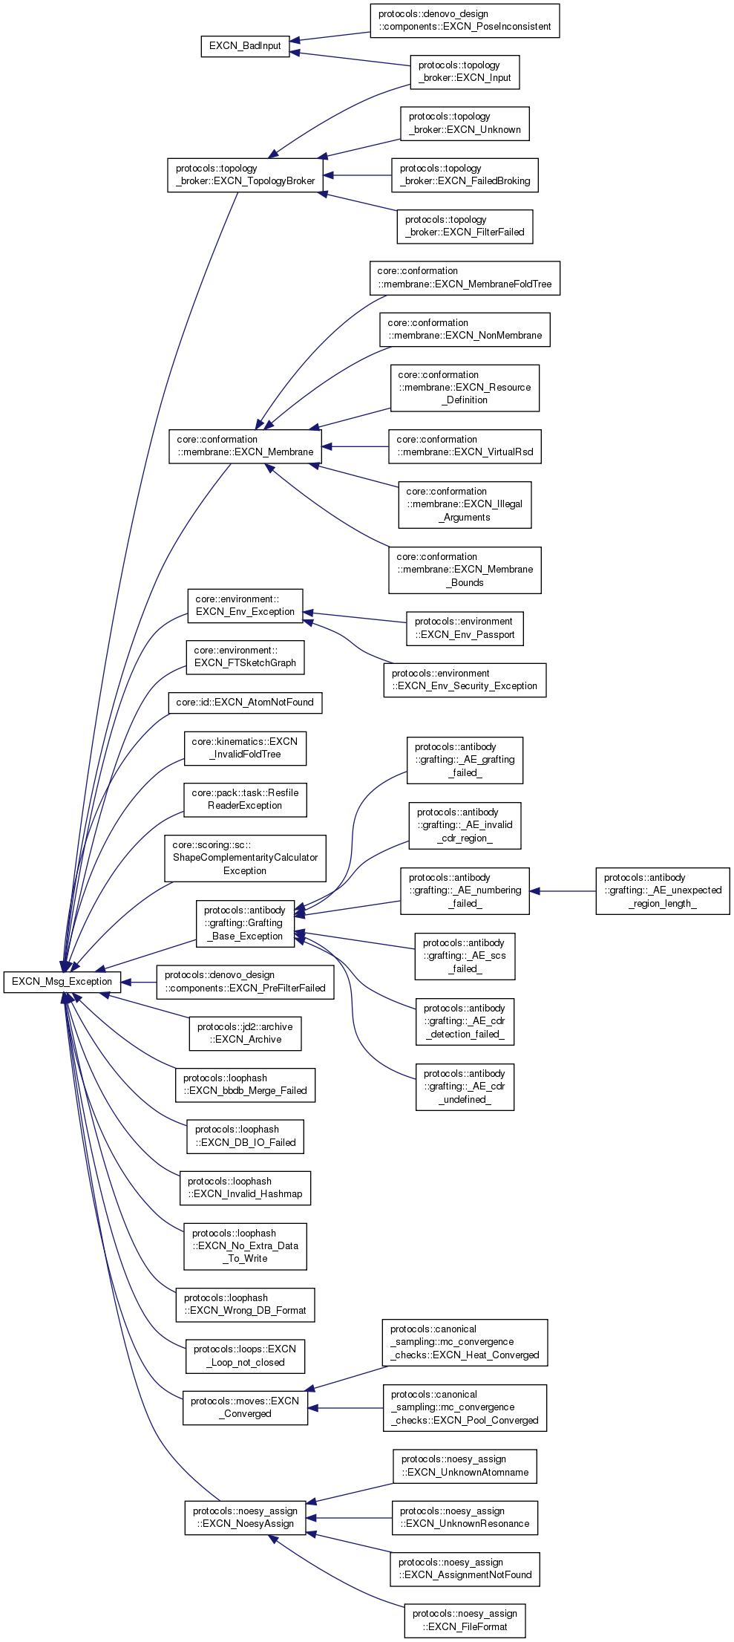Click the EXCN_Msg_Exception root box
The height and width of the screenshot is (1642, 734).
click(x=62, y=981)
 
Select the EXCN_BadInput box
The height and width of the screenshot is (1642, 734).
click(x=245, y=46)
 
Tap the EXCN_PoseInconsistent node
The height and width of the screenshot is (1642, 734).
click(x=465, y=21)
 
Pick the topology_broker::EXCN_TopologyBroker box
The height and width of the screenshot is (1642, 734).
click(x=245, y=175)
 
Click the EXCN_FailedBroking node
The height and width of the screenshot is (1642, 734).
click(x=465, y=175)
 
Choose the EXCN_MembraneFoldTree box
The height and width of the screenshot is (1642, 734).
click(x=465, y=278)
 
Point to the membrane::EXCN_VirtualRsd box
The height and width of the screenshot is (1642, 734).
click(x=465, y=446)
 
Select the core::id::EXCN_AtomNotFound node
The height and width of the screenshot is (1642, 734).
click(x=245, y=703)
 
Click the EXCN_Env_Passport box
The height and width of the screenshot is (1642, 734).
click(x=465, y=628)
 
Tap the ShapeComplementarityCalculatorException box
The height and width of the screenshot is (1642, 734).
click(x=245, y=859)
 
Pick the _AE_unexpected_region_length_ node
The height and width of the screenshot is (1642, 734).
click(x=662, y=891)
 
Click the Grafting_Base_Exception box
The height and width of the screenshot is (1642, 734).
click(x=245, y=924)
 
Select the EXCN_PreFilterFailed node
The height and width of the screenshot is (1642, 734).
click(x=245, y=982)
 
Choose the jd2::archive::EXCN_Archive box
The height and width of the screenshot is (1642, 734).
click(x=245, y=1034)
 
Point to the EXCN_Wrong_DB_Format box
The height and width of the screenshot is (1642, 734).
click(x=245, y=1305)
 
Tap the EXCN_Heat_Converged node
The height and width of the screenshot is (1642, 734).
click(x=465, y=1343)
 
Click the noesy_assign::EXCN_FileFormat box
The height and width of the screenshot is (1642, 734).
click(x=465, y=1620)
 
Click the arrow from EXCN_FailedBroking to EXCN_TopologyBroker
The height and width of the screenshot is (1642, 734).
click(x=357, y=175)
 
